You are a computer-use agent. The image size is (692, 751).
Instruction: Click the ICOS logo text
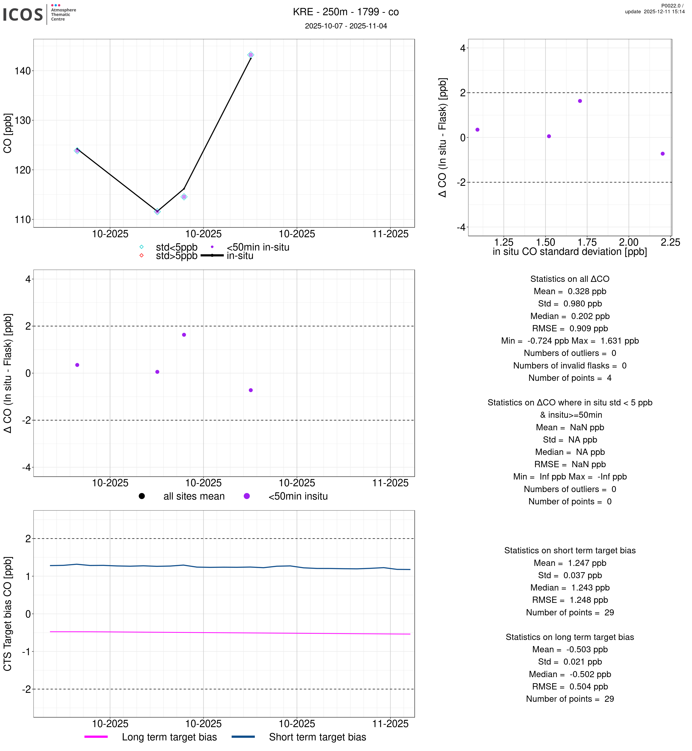pos(23,14)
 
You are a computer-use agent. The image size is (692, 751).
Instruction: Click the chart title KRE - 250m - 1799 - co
pos(346,12)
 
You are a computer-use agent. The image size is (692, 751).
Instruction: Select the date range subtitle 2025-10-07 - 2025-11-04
pos(346,26)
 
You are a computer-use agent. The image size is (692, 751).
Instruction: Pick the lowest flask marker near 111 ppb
pos(157,212)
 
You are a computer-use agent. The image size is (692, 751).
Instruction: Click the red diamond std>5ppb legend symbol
pos(142,256)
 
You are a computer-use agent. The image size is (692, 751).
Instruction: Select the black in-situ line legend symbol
pos(212,256)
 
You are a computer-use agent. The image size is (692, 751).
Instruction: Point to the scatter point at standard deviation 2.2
pos(663,154)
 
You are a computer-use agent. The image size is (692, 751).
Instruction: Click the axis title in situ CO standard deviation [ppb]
pos(570,252)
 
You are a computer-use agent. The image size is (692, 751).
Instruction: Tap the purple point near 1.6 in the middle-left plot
pos(184,335)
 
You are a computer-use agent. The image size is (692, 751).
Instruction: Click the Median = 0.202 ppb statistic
pos(570,316)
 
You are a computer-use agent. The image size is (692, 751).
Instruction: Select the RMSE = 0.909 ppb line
pos(570,328)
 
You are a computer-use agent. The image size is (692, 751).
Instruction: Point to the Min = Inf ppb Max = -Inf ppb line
pos(570,477)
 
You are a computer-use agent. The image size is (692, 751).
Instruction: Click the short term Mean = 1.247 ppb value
pos(570,563)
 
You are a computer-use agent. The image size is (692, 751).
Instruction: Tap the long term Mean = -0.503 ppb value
pos(570,650)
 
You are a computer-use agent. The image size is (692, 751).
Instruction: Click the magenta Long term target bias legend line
pos(96,737)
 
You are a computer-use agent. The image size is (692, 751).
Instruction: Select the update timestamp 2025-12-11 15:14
pos(655,12)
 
